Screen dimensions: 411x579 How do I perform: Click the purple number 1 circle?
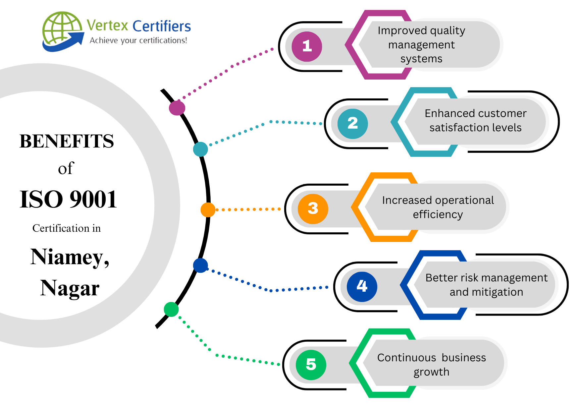pyautogui.click(x=307, y=46)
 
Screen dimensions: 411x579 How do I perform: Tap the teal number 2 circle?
pyautogui.click(x=352, y=124)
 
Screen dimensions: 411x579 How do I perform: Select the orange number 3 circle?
pyautogui.click(x=313, y=209)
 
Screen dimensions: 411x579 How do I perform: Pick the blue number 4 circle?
pyautogui.click(x=362, y=286)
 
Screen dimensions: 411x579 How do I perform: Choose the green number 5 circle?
pyautogui.click(x=311, y=365)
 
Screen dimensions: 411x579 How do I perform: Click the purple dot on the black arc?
pyautogui.click(x=177, y=108)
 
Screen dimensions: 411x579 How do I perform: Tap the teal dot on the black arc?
pyautogui.click(x=200, y=149)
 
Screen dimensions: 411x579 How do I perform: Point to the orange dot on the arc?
pyautogui.click(x=208, y=210)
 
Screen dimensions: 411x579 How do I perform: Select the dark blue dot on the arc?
pyautogui.click(x=200, y=265)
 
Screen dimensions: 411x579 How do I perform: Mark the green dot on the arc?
pyautogui.click(x=171, y=309)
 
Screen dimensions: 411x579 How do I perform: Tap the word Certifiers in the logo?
pyautogui.click(x=162, y=26)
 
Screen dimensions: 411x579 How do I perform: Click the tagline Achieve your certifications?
pyautogui.click(x=138, y=40)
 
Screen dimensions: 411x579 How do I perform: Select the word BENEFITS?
pyautogui.click(x=67, y=141)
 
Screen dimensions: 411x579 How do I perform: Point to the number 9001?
pyautogui.click(x=93, y=200)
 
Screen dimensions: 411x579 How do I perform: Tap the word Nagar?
pyautogui.click(x=70, y=288)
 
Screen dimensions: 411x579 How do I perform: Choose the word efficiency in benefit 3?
pyautogui.click(x=438, y=214)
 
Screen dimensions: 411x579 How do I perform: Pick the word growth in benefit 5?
pyautogui.click(x=431, y=372)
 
